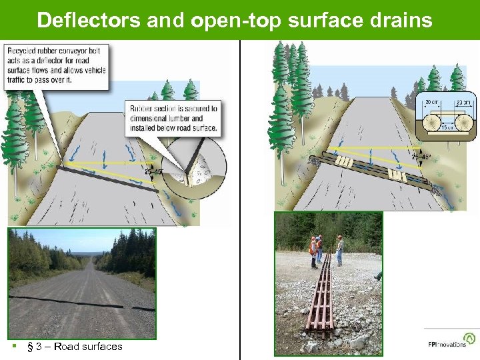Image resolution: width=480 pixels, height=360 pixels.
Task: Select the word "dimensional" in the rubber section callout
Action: click(x=152, y=118)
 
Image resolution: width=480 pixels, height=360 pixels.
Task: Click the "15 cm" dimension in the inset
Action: click(x=448, y=127)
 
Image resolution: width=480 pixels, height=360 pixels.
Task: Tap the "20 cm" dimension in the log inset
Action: click(x=430, y=102)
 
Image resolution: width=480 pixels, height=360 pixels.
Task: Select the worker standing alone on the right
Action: click(x=339, y=249)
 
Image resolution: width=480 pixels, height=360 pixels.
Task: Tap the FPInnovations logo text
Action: click(x=447, y=345)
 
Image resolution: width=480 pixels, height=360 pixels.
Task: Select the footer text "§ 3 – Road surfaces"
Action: click(x=74, y=347)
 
